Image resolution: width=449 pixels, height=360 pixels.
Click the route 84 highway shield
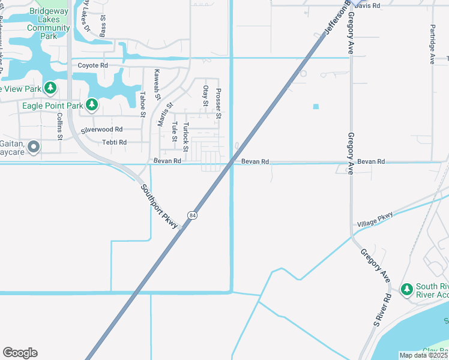coord(191,215)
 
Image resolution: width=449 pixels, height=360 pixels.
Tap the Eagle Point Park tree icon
coord(92,106)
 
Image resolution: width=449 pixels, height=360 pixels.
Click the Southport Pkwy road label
coord(160,206)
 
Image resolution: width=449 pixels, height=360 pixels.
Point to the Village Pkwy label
coord(375,219)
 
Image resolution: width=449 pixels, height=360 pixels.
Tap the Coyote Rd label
coord(92,65)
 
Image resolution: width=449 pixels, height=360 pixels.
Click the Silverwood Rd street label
coord(101,129)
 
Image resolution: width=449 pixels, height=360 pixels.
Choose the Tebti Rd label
coord(114,142)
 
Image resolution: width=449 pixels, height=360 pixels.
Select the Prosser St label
coord(218,103)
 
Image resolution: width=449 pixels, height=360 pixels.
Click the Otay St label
coord(205,96)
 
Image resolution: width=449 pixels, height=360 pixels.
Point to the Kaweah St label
coord(157,84)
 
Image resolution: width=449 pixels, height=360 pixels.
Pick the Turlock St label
coord(185,136)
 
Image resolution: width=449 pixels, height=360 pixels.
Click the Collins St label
coord(60,127)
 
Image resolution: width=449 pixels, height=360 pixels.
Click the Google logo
coord(20,353)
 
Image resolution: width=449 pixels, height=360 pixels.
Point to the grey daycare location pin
coord(34,146)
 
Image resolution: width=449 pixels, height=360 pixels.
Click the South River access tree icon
coord(406,289)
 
